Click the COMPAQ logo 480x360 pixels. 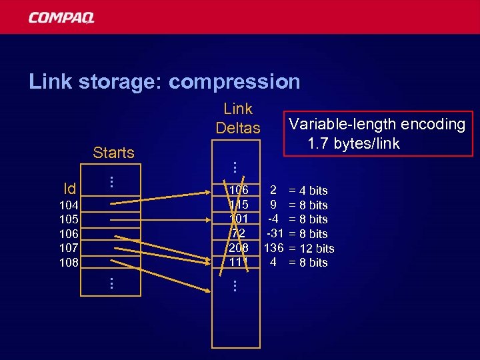point(61,17)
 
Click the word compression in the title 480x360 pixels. point(235,82)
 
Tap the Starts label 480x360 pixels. point(113,153)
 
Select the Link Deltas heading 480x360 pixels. point(238,118)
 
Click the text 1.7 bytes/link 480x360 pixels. point(353,143)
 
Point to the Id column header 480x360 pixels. point(69,189)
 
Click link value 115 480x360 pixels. point(238,205)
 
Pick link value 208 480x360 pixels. point(238,248)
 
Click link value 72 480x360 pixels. point(238,233)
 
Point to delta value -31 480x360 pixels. point(274,233)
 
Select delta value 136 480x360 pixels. point(274,248)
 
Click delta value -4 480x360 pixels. point(273,219)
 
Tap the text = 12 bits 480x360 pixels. point(311,249)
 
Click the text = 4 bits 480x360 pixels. point(308,191)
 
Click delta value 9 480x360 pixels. point(273,205)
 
